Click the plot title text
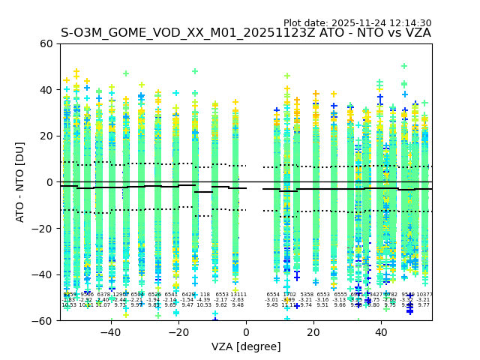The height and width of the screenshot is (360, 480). coord(245,33)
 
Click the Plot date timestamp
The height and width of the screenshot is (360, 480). coord(357,23)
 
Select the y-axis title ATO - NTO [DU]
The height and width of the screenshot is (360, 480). coord(20,182)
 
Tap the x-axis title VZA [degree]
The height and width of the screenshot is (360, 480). coord(246,346)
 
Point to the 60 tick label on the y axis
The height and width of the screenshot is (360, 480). coord(45,43)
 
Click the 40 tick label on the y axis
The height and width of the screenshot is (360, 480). coord(45,90)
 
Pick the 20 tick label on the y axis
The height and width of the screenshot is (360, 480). coord(45,136)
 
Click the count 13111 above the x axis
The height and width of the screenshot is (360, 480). coord(238,295)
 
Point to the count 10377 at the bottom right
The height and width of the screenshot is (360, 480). coord(424,295)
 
